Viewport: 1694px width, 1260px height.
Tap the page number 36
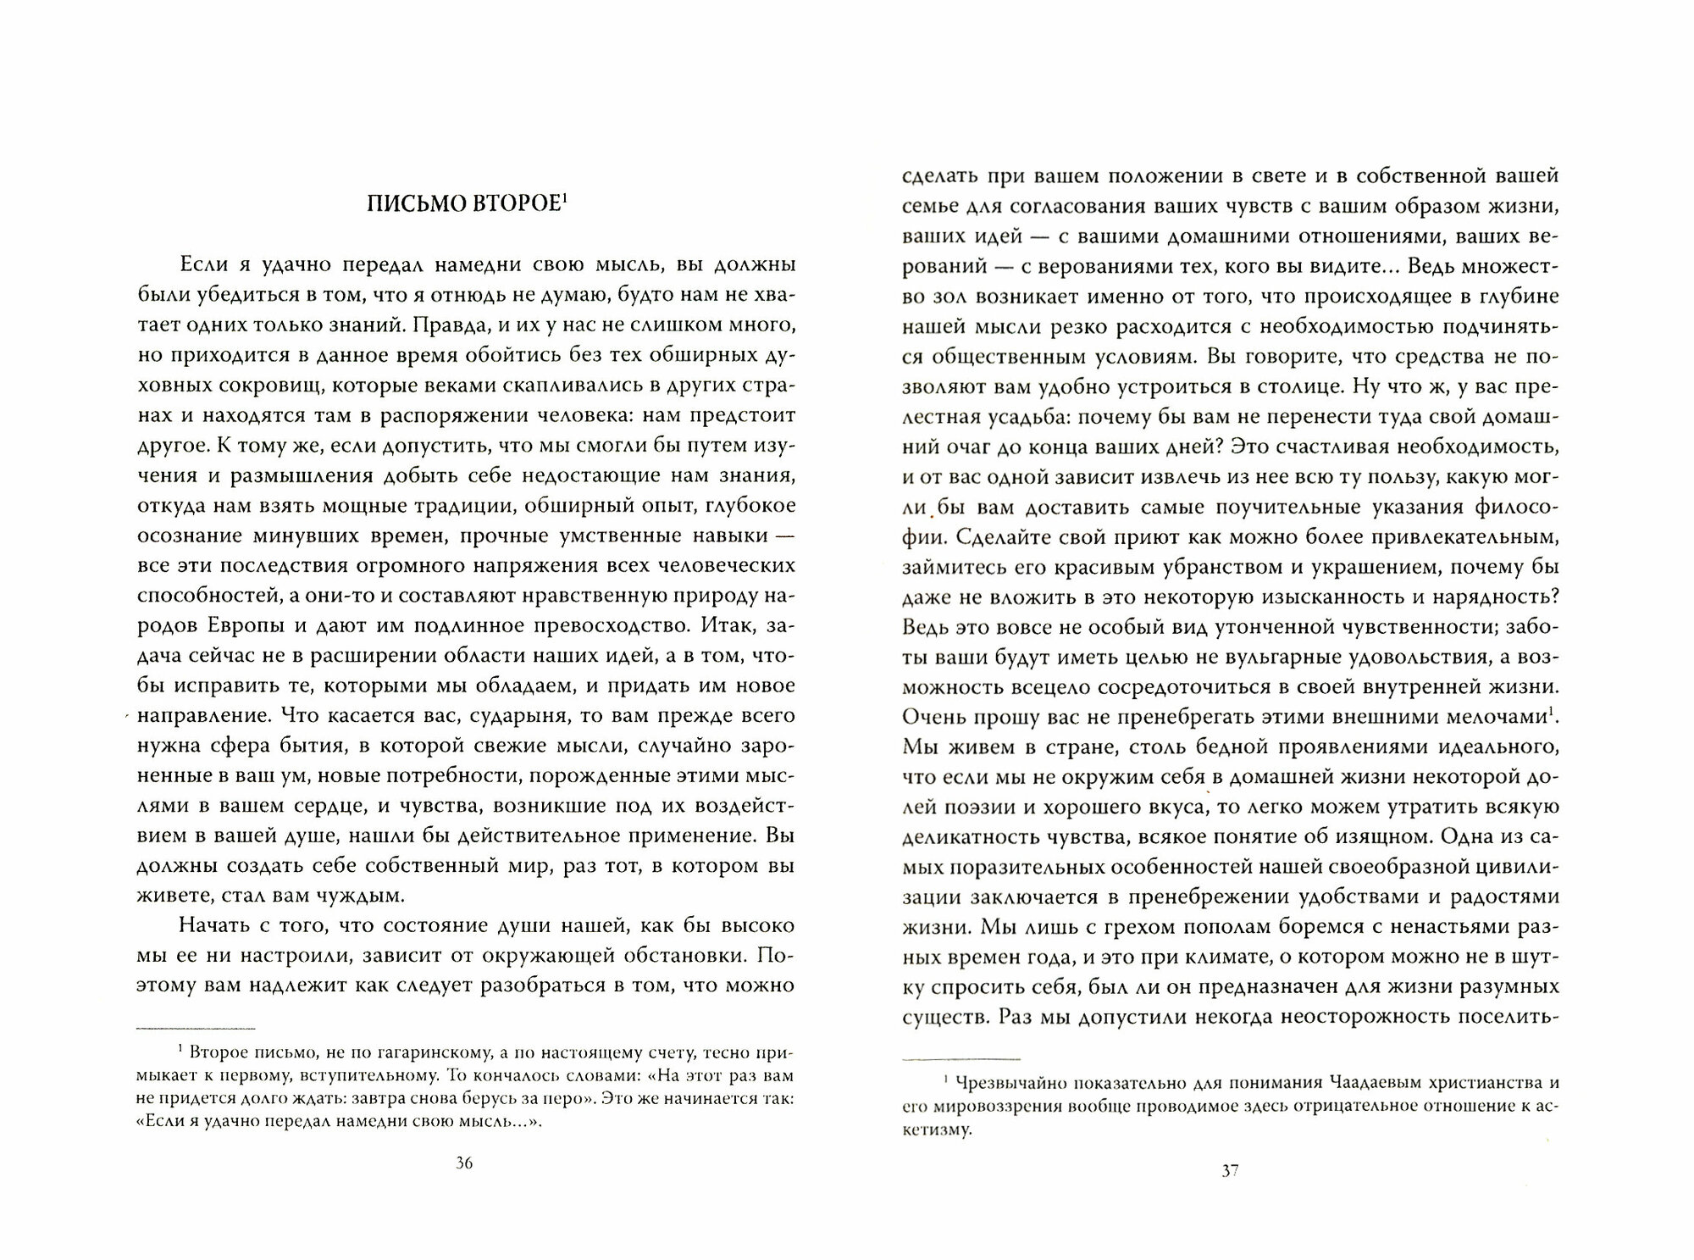464,1163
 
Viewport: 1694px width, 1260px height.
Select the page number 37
1231,1172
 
